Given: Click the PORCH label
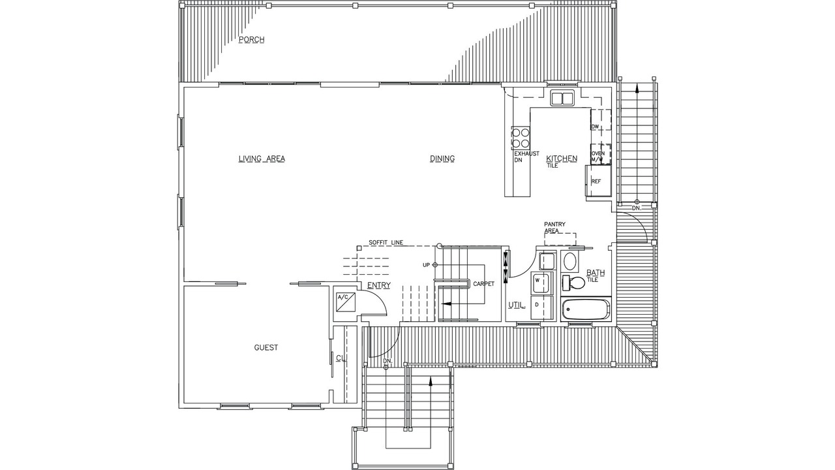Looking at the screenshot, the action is point(252,40).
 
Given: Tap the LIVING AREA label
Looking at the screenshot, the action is point(262,159).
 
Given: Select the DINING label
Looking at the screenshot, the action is point(442,159).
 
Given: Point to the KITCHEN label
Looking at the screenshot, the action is point(562,159).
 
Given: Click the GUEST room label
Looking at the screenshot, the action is point(266,348).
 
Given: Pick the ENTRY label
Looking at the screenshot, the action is point(379,285).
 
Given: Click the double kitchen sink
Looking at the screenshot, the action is point(562,99).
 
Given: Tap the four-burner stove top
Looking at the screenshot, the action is point(521,138).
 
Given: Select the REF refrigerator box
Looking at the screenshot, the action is point(599,181).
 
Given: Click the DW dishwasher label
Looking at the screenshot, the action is point(595,127).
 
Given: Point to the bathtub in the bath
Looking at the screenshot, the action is point(586,310).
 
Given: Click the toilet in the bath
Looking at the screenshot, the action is point(574,283).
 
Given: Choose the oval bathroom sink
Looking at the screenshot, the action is point(570,261).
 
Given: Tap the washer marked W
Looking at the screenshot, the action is point(541,283).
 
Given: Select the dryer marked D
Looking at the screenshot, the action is point(541,307).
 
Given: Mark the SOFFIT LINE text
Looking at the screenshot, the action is point(386,242).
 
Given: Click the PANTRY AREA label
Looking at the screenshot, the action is point(554,228).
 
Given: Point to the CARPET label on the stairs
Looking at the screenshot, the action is point(484,284).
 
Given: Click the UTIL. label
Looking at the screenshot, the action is point(517,305).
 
